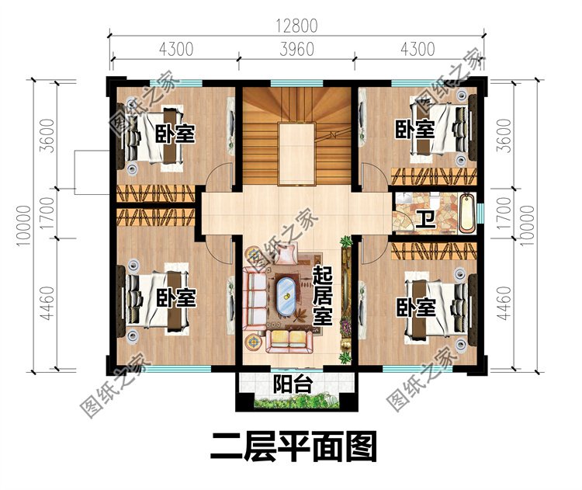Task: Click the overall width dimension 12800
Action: [296, 24]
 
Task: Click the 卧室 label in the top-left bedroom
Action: [174, 133]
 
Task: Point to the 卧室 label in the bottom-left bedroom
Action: [175, 297]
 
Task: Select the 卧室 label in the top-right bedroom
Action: [414, 128]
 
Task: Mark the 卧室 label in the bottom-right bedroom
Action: [416, 308]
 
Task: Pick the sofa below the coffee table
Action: [288, 338]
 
